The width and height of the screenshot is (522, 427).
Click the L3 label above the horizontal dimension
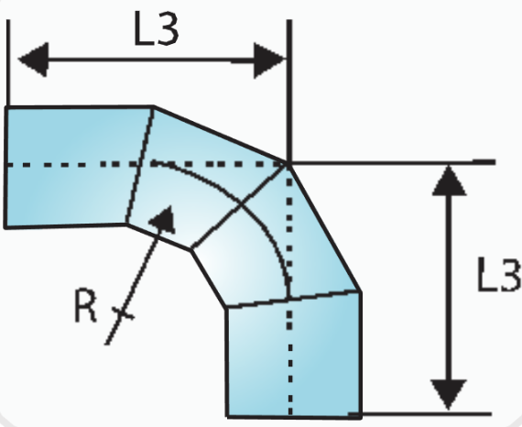tap(156, 28)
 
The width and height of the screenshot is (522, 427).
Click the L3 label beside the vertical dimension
tap(499, 274)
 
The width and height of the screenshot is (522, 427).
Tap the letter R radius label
tap(86, 305)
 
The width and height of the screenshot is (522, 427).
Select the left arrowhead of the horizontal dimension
tap(34, 60)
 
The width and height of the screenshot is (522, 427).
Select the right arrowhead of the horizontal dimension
tap(269, 60)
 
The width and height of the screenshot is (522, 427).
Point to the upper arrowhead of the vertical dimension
tap(449, 181)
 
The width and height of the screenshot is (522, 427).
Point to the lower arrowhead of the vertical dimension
tap(449, 395)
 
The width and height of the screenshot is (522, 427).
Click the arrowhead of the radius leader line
tap(164, 219)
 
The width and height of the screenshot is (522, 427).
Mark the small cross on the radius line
tap(123, 313)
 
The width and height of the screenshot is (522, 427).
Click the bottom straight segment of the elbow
tap(294, 355)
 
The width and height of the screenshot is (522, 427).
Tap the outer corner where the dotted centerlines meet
tap(289, 163)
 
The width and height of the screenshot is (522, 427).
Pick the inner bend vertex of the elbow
tap(191, 250)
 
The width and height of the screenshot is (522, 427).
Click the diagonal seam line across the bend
tap(239, 206)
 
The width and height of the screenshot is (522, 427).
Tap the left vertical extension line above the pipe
tap(8, 62)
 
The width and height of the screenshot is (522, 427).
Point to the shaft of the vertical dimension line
tap(450, 288)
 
